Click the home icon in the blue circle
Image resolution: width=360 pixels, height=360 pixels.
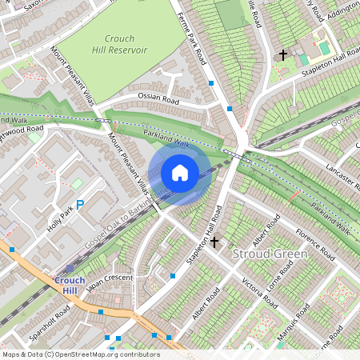[180, 172]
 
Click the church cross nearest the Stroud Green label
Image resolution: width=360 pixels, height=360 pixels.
[214, 242]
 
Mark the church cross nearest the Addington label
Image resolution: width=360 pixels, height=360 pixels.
[282, 55]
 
